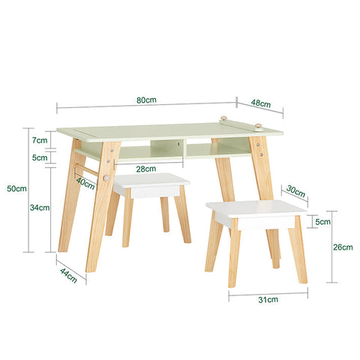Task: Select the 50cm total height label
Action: pyautogui.click(x=16, y=189)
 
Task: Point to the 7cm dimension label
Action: pyautogui.click(x=39, y=140)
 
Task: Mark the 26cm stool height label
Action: pyautogui.click(x=343, y=246)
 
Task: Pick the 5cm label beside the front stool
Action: pyautogui.click(x=322, y=222)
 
